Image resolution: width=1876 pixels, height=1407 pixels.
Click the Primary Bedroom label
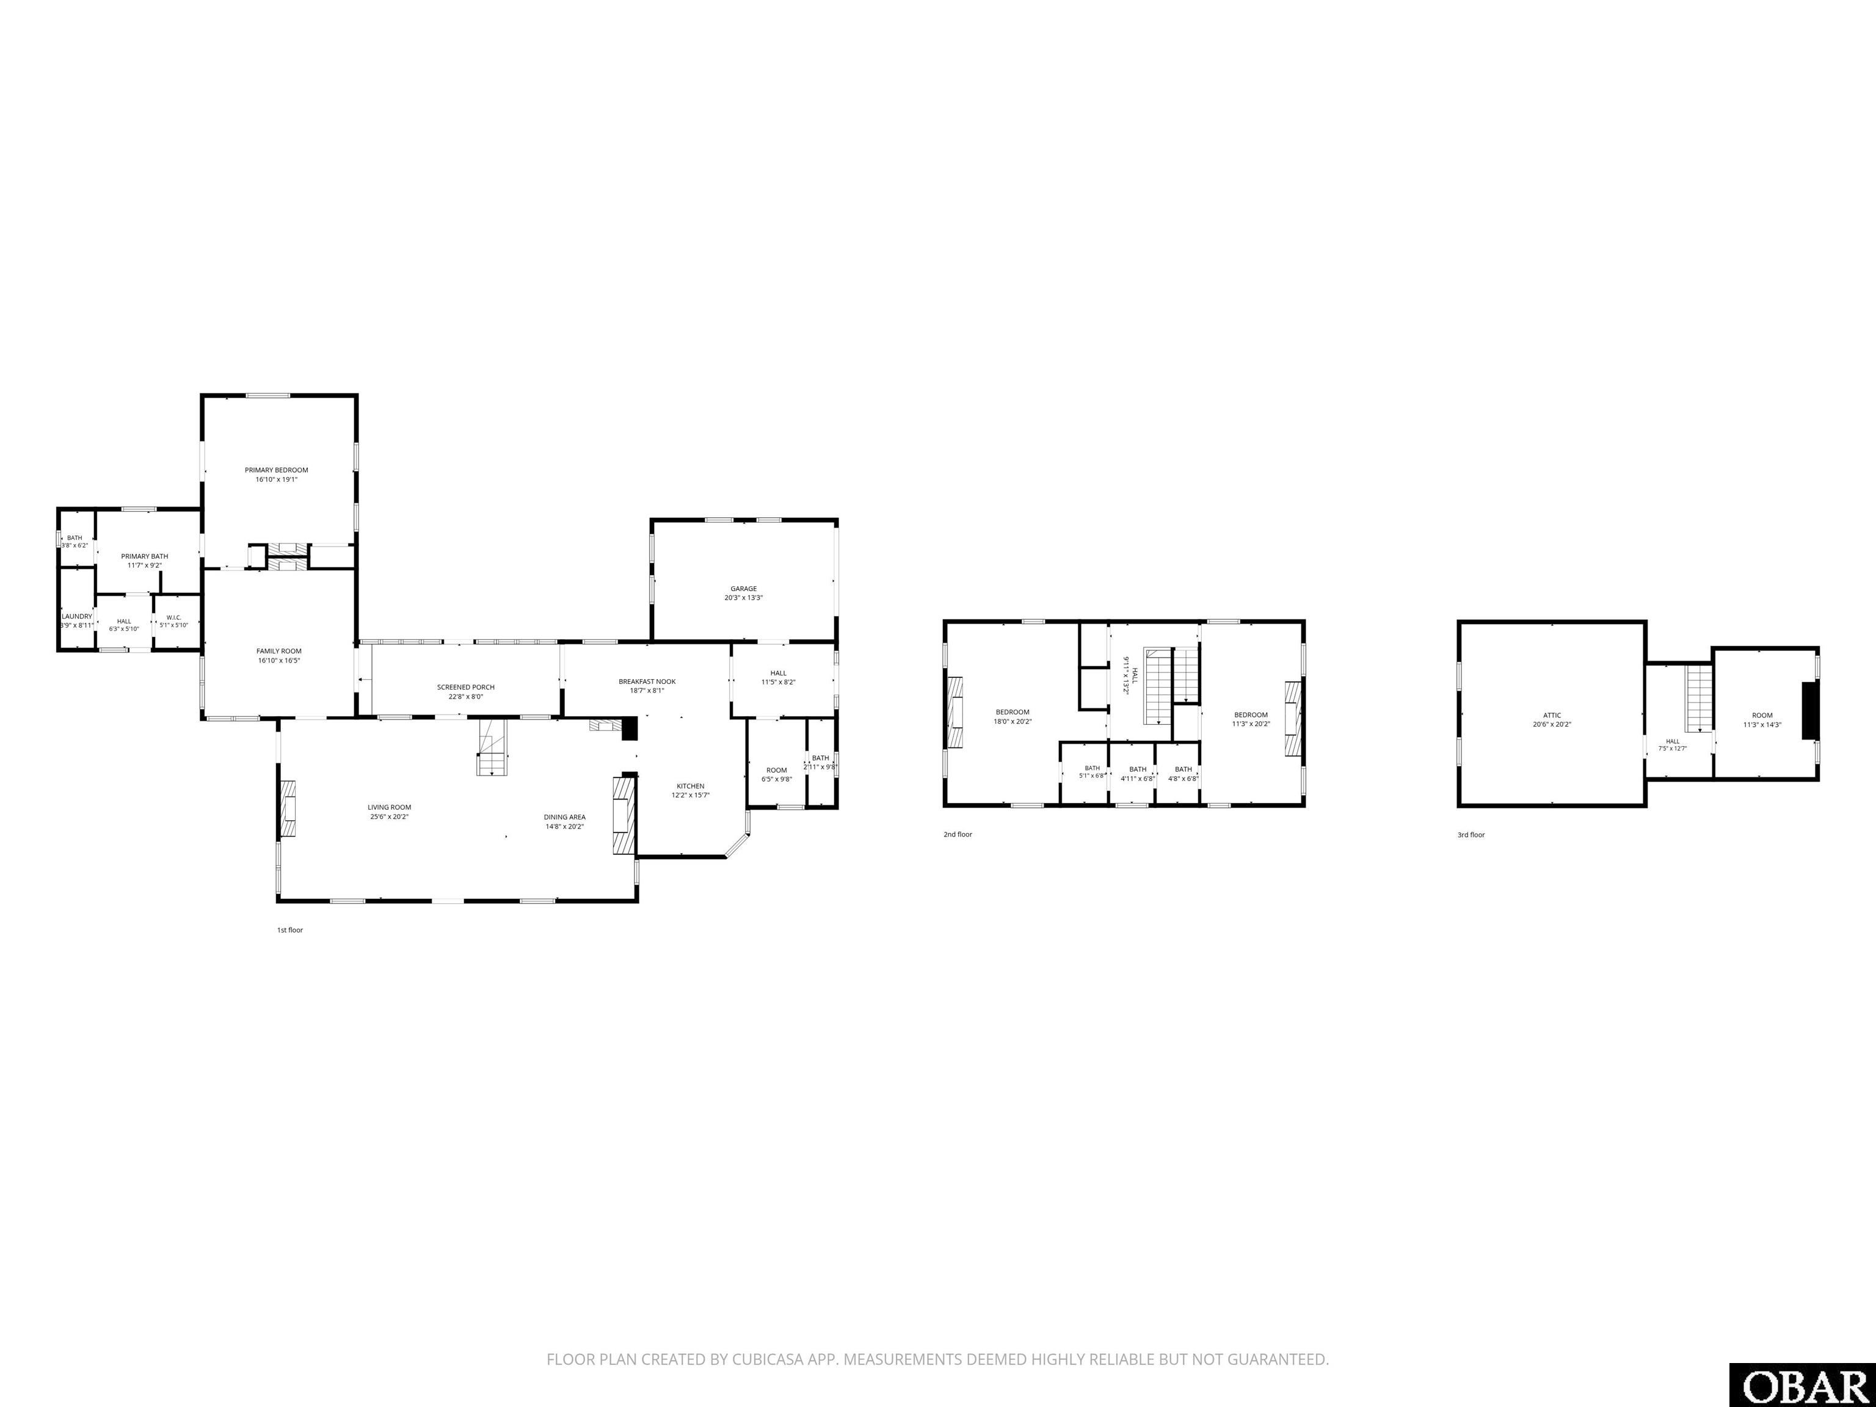[277, 470]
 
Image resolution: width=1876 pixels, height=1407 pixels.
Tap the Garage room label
[744, 589]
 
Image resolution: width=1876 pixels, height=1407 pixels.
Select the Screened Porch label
[465, 687]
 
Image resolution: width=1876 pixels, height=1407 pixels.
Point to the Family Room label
[279, 652]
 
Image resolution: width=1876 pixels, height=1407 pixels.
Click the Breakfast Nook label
[647, 681]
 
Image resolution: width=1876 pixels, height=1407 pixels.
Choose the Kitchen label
[690, 786]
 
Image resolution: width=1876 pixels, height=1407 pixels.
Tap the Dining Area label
[565, 816]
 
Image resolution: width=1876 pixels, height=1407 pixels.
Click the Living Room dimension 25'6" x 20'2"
[389, 816]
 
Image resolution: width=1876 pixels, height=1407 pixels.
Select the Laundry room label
[76, 617]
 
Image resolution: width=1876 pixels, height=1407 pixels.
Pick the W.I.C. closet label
[174, 617]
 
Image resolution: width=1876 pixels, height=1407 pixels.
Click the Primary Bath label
[145, 556]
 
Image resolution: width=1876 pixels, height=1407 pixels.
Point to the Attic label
[1552, 715]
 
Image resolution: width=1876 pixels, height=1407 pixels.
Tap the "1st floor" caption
[290, 931]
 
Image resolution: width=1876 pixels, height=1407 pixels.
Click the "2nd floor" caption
[958, 835]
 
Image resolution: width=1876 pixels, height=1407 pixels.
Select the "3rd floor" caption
[1472, 835]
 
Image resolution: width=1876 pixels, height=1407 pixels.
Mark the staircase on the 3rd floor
[1699, 699]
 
